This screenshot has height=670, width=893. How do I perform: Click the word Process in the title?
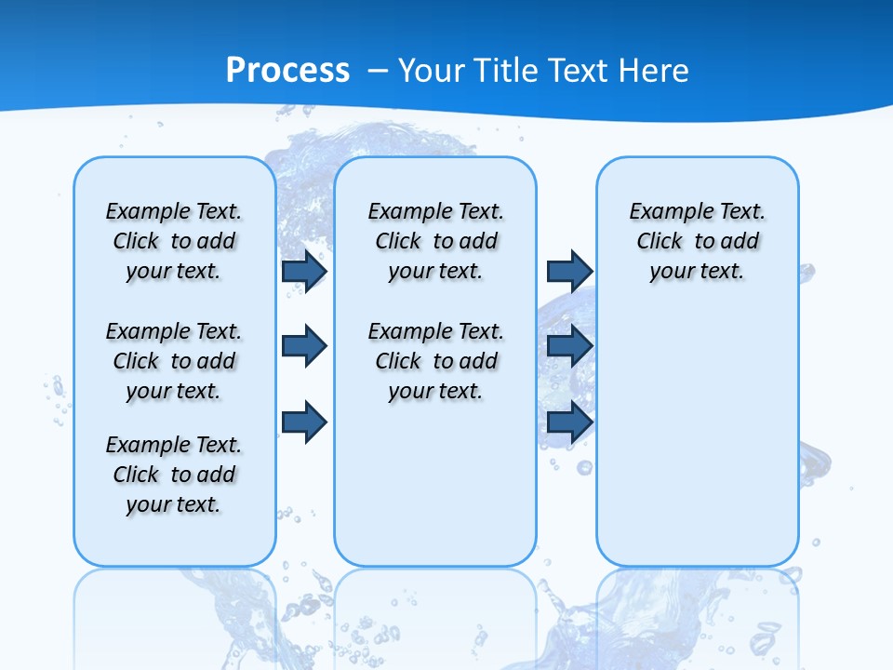(x=287, y=70)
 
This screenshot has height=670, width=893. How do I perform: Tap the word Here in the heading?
(x=654, y=70)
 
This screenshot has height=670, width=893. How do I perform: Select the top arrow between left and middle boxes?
(x=304, y=272)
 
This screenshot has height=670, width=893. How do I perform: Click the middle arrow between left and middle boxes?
(x=304, y=346)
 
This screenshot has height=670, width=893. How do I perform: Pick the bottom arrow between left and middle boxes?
(x=304, y=422)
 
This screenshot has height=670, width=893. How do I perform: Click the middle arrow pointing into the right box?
(x=569, y=346)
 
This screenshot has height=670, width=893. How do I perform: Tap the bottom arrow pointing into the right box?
(x=569, y=422)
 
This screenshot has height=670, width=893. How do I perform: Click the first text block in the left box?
(x=173, y=241)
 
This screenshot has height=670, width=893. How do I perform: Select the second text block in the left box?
(x=173, y=361)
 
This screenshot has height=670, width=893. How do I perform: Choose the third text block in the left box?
(x=173, y=475)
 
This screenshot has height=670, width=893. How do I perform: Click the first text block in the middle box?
(x=435, y=241)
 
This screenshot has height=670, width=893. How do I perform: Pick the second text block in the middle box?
(x=435, y=361)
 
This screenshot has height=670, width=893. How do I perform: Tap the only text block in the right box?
(x=697, y=241)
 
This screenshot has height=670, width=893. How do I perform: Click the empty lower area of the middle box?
(x=435, y=484)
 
